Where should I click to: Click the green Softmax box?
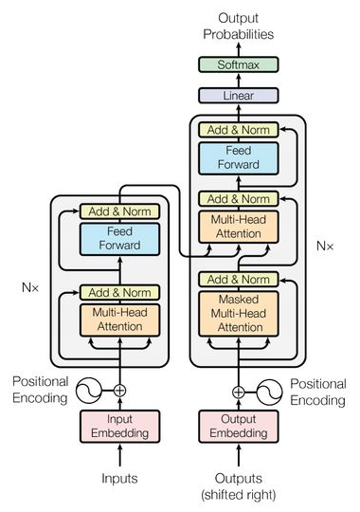coord(238,64)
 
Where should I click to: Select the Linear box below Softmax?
coord(238,96)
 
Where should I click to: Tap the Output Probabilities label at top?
coord(238,25)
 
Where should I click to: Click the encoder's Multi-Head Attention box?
coord(119,319)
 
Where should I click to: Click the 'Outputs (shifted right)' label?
coord(238,485)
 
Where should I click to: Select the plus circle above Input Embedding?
coord(119,390)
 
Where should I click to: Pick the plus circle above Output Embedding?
coord(238,390)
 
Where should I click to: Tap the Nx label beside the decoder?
coord(324,245)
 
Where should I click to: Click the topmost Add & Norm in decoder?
coord(238,130)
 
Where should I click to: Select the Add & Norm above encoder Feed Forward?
coord(119,210)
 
